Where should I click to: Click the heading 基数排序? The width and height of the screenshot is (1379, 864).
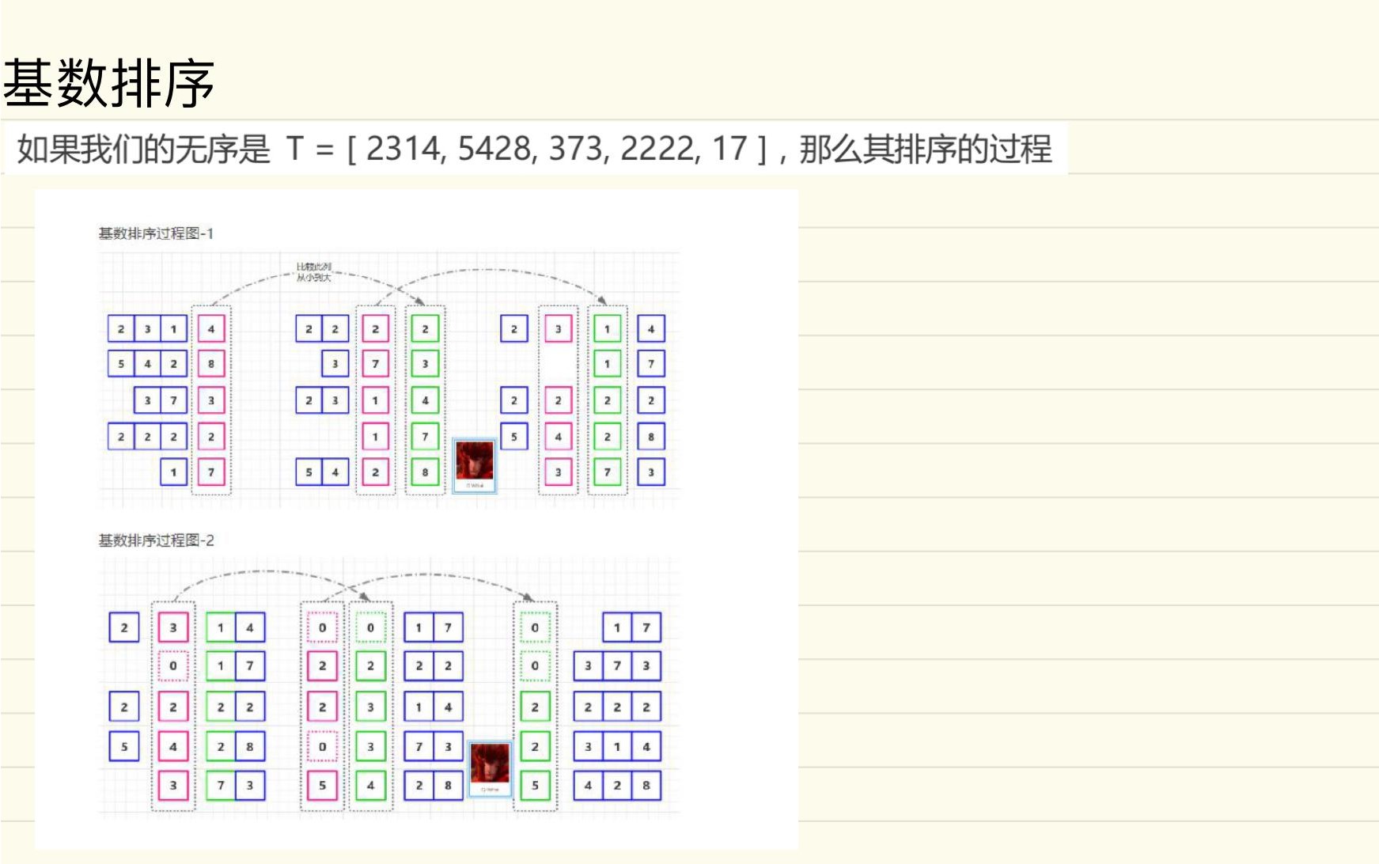click(109, 84)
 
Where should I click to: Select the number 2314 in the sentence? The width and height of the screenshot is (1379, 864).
click(402, 149)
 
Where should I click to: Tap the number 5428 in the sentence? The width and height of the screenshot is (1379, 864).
click(494, 149)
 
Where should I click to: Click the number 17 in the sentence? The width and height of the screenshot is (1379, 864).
click(729, 149)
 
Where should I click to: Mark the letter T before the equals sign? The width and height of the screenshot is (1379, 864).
click(295, 149)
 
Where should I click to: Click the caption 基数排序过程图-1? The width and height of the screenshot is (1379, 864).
click(156, 233)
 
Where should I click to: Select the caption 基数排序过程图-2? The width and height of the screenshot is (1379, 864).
click(156, 540)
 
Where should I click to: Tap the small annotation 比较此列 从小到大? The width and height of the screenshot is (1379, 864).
click(313, 272)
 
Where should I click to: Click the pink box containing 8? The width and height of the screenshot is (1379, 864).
click(211, 364)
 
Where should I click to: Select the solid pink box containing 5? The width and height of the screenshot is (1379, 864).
click(322, 786)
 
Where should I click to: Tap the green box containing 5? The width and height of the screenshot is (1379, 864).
click(535, 786)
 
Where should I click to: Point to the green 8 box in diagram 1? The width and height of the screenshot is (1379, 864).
click(425, 472)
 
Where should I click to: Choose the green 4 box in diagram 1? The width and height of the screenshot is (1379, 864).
click(425, 400)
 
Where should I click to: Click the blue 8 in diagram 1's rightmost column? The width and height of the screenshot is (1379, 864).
click(651, 437)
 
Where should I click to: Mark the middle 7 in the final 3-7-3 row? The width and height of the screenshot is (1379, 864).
click(617, 666)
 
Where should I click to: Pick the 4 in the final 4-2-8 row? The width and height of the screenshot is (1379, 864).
click(588, 786)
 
